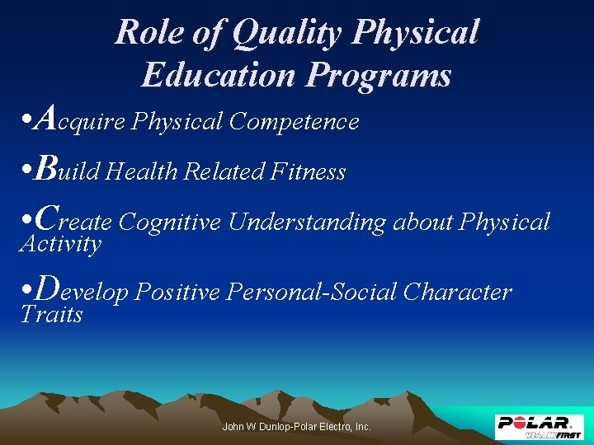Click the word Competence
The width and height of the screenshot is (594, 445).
[x=295, y=122]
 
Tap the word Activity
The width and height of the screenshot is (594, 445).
[x=60, y=244]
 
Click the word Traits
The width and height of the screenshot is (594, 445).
[x=51, y=315]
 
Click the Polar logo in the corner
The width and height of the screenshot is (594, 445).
[x=538, y=426]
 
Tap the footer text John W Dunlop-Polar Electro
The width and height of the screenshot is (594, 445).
[x=297, y=427]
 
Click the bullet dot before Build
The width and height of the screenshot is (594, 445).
[x=26, y=171]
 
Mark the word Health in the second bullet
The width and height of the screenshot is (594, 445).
[x=144, y=171]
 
